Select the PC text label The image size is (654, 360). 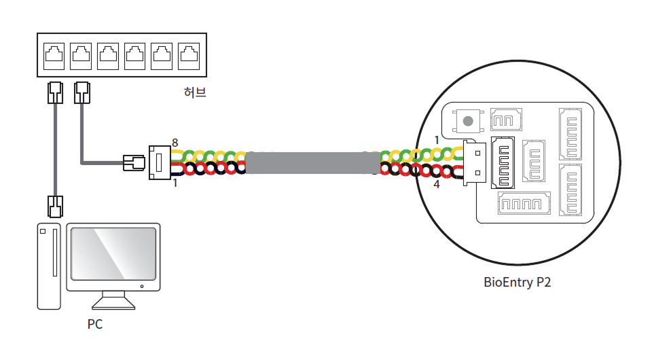95,324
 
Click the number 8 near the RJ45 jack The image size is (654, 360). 175,143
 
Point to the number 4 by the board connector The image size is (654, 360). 436,183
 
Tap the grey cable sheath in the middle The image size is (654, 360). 312,163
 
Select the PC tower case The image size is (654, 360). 48,266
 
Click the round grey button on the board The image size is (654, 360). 467,122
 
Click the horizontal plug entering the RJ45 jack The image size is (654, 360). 133,163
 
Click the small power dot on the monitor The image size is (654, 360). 141,286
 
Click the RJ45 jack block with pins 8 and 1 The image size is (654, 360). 160,163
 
